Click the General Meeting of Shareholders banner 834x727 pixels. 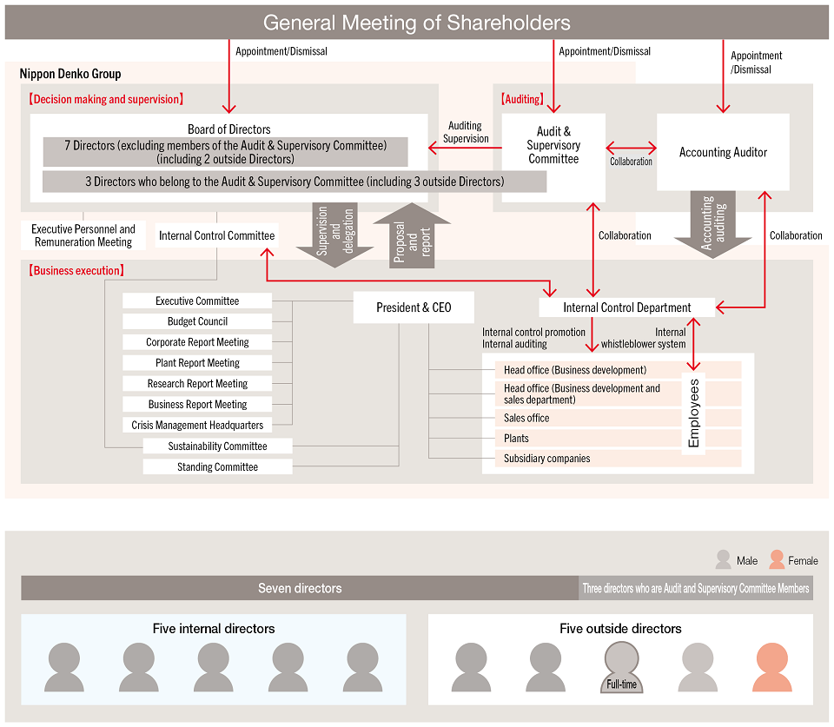tap(417, 23)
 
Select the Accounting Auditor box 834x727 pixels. tap(723, 152)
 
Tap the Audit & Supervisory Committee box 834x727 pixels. tap(553, 146)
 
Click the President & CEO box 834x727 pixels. tap(414, 307)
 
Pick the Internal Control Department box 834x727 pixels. tap(626, 307)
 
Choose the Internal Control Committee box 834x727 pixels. tap(216, 235)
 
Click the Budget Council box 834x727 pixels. tap(197, 321)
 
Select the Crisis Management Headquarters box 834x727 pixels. tap(197, 425)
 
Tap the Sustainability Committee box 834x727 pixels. tap(217, 446)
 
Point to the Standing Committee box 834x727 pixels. tap(217, 466)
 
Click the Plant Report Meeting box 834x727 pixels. tap(197, 363)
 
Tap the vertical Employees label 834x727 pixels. tap(693, 413)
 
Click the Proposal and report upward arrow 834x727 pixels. tap(412, 235)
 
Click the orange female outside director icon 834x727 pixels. tap(769, 667)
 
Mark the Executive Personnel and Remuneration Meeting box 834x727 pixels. tap(83, 235)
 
